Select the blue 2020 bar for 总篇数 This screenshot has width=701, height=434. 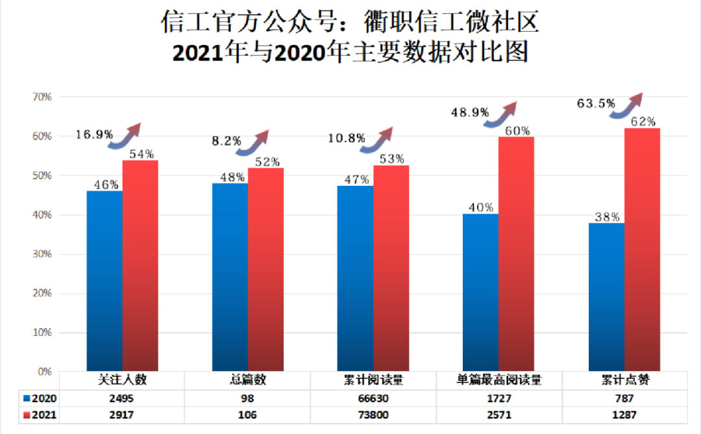(230, 277)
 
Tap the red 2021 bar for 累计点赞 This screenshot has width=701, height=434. (642, 249)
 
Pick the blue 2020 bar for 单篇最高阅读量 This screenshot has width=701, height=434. (480, 292)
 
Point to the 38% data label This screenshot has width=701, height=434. (607, 218)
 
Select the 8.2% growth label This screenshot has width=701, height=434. (227, 140)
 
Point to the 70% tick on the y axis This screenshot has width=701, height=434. (42, 97)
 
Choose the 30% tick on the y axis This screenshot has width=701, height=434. (42, 254)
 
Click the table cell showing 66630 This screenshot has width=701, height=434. (373, 398)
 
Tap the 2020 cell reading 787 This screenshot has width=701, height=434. (624, 398)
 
